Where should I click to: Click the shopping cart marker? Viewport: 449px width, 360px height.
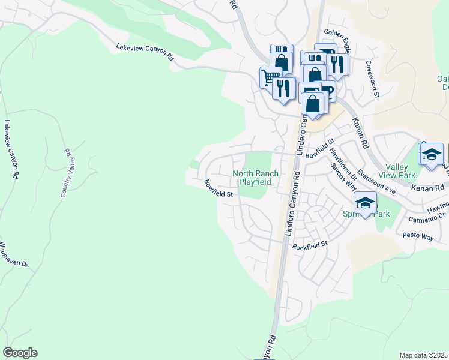[x=270, y=77]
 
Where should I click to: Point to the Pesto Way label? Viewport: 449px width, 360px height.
[x=418, y=238]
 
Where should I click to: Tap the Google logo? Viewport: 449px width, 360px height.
[x=20, y=353]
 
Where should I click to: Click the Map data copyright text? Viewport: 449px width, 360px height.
[x=423, y=355]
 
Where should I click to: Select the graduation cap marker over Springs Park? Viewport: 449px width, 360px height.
[x=364, y=203]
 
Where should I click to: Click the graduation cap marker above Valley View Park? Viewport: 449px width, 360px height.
[x=431, y=154]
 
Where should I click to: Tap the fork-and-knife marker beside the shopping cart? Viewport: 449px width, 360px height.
[x=283, y=88]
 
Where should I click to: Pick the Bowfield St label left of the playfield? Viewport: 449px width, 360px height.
[x=218, y=189]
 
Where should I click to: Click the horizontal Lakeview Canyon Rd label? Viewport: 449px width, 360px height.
[x=145, y=52]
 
